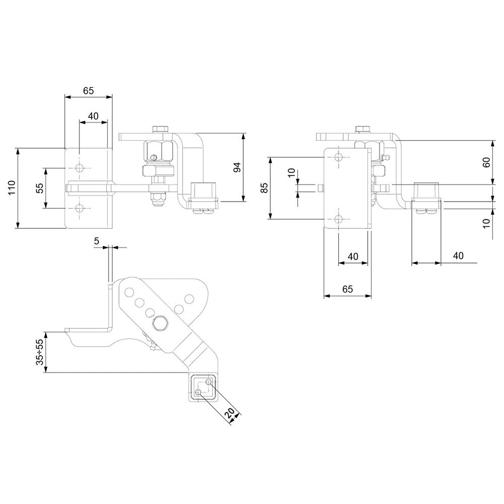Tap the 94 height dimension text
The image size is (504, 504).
point(238,167)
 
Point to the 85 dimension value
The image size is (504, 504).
point(264,188)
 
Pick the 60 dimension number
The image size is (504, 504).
point(486,163)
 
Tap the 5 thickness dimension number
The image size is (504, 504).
point(96,241)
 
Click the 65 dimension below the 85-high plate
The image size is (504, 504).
point(347,289)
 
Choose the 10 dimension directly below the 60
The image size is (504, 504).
point(486,223)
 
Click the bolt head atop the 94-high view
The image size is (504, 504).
point(160,129)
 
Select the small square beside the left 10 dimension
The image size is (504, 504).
point(320,188)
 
